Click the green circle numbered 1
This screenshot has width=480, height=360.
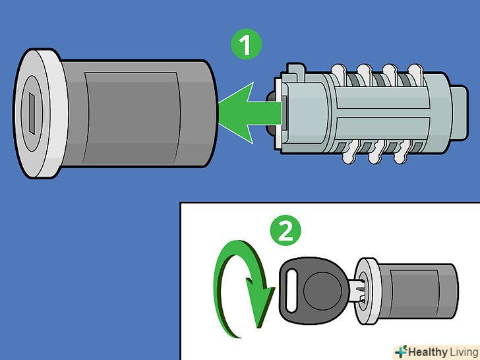coord(247,44)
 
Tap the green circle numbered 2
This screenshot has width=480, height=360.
coord(285,231)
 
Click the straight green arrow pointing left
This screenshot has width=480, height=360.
coord(251,113)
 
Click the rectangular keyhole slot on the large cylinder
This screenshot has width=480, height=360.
coord(32,113)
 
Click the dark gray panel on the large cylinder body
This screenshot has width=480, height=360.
coord(131,118)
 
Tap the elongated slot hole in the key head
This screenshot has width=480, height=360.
coord(291,291)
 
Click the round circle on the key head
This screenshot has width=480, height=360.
coord(322,289)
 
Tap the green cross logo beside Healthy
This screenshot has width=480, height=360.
coord(401,351)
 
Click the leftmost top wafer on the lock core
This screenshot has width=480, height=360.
coord(339,73)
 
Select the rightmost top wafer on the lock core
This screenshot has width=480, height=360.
coord(415,73)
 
